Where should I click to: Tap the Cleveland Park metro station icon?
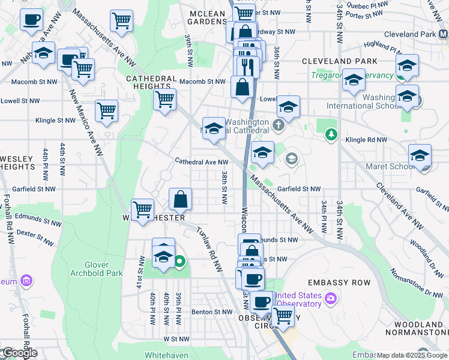click(443, 34)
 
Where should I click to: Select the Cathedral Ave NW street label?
click(201, 161)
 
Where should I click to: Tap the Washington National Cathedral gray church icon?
click(277, 125)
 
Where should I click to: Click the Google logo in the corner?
click(19, 353)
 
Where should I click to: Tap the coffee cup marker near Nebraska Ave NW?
click(31, 19)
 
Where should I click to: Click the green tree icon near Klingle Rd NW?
click(330, 134)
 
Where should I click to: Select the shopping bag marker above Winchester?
click(180, 199)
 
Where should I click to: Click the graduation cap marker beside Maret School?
click(420, 154)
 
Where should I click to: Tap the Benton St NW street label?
click(211, 312)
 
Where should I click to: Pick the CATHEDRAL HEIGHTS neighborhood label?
click(151, 83)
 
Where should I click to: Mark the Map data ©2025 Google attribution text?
click(411, 355)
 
